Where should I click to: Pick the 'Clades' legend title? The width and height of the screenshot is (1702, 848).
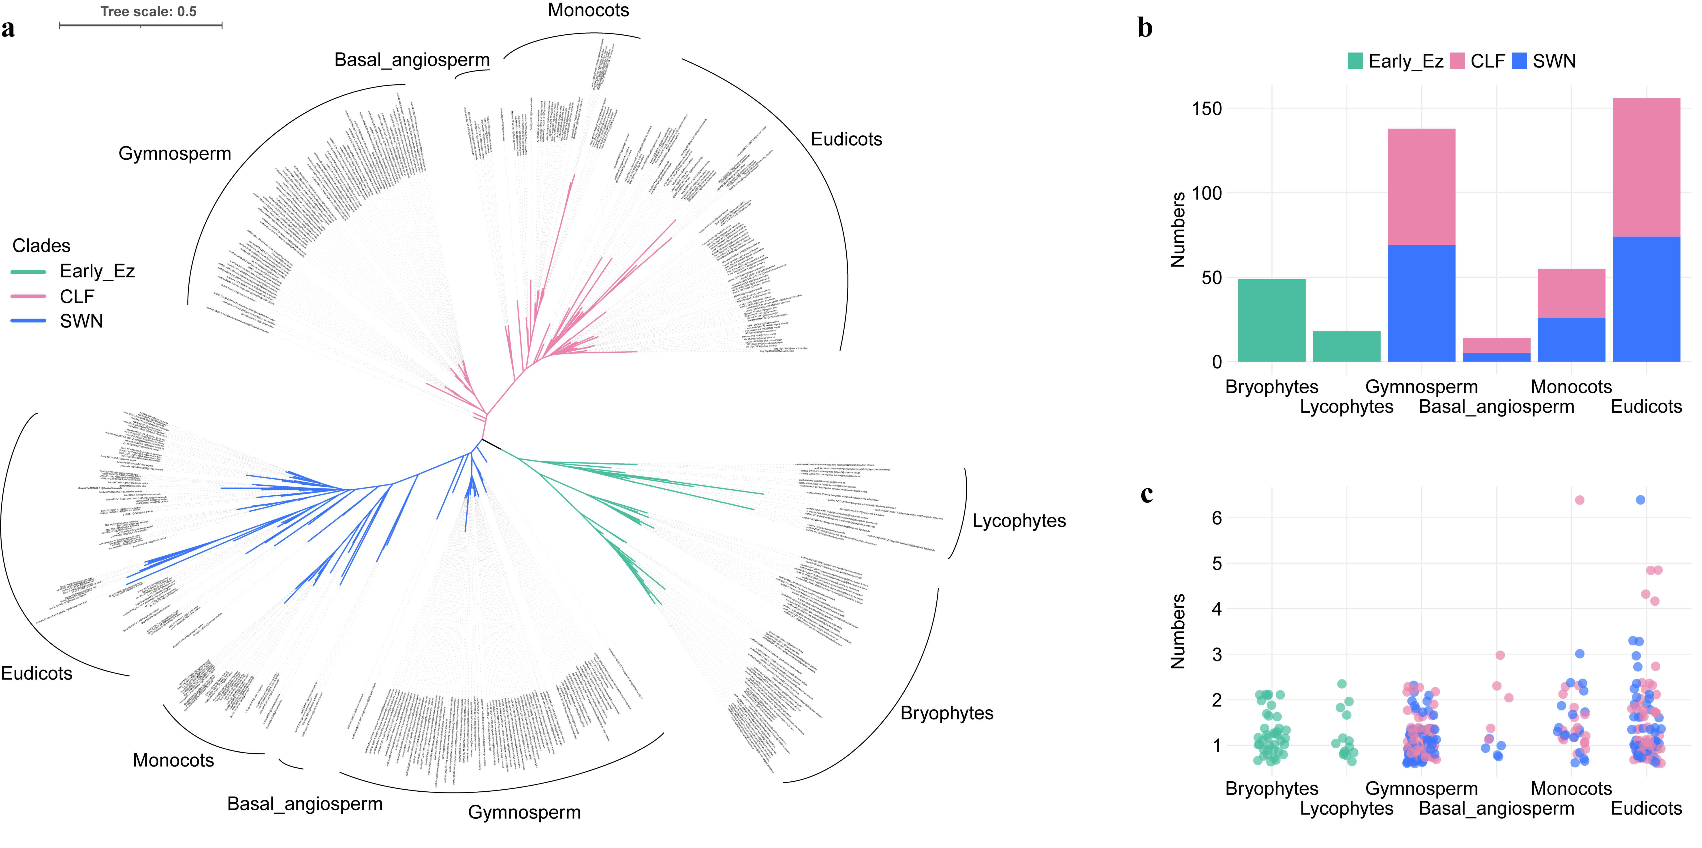pos(41,246)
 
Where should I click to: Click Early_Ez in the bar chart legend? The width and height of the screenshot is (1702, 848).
pos(1405,61)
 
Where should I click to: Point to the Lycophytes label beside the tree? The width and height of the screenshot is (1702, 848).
pos(1019,521)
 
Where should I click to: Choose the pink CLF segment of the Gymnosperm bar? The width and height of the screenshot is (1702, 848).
pos(1421,187)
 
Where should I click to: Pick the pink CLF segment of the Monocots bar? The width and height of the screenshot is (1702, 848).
pos(1571,293)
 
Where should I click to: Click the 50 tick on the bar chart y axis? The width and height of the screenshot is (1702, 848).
pos(1211,278)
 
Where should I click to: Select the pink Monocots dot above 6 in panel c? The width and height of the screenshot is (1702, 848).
pos(1579,500)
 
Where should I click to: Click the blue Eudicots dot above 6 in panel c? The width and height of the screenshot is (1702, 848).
pos(1640,500)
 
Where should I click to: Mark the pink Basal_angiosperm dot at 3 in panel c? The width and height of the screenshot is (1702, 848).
pos(1500,655)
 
